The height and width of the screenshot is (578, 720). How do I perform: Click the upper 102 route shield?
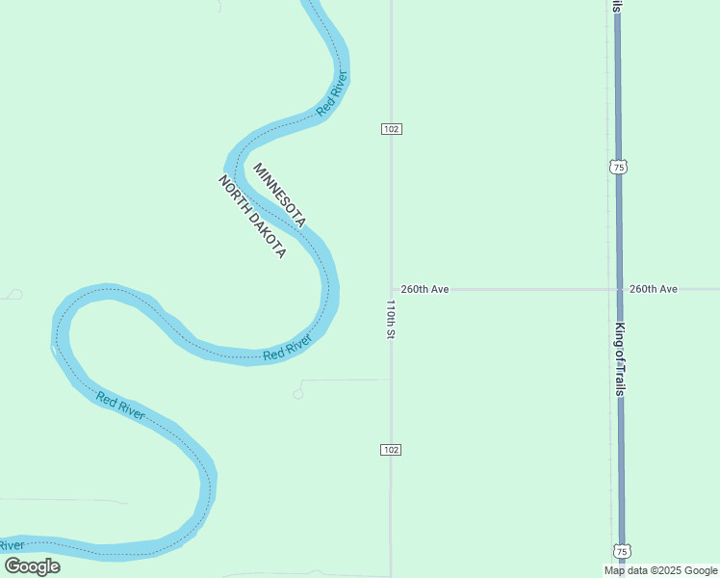(391, 129)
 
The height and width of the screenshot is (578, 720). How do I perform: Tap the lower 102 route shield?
(391, 450)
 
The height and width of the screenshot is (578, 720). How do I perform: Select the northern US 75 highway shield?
(618, 167)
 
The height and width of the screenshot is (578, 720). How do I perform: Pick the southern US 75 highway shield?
(622, 551)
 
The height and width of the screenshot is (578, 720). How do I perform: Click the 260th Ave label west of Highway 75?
(425, 289)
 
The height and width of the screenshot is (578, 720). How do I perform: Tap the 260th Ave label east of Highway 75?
(654, 289)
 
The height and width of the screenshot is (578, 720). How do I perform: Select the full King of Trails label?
(620, 359)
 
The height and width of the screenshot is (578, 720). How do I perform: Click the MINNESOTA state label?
(279, 196)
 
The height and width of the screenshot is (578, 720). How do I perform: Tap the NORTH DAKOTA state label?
(252, 217)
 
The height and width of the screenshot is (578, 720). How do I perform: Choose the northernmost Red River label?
(332, 95)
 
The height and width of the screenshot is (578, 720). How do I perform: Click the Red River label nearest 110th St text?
(288, 348)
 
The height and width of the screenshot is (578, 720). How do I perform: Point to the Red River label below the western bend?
(120, 406)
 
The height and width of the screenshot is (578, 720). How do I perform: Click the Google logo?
(32, 566)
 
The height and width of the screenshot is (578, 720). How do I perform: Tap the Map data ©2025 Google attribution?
(660, 570)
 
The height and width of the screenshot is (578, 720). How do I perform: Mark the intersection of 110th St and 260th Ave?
(391, 289)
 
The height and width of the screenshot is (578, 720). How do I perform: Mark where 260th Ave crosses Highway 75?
(619, 289)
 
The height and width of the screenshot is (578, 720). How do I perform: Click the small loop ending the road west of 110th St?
(298, 393)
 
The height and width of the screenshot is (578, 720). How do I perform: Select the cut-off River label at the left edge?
(12, 545)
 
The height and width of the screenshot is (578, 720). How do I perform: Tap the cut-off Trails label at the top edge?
(616, 6)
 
